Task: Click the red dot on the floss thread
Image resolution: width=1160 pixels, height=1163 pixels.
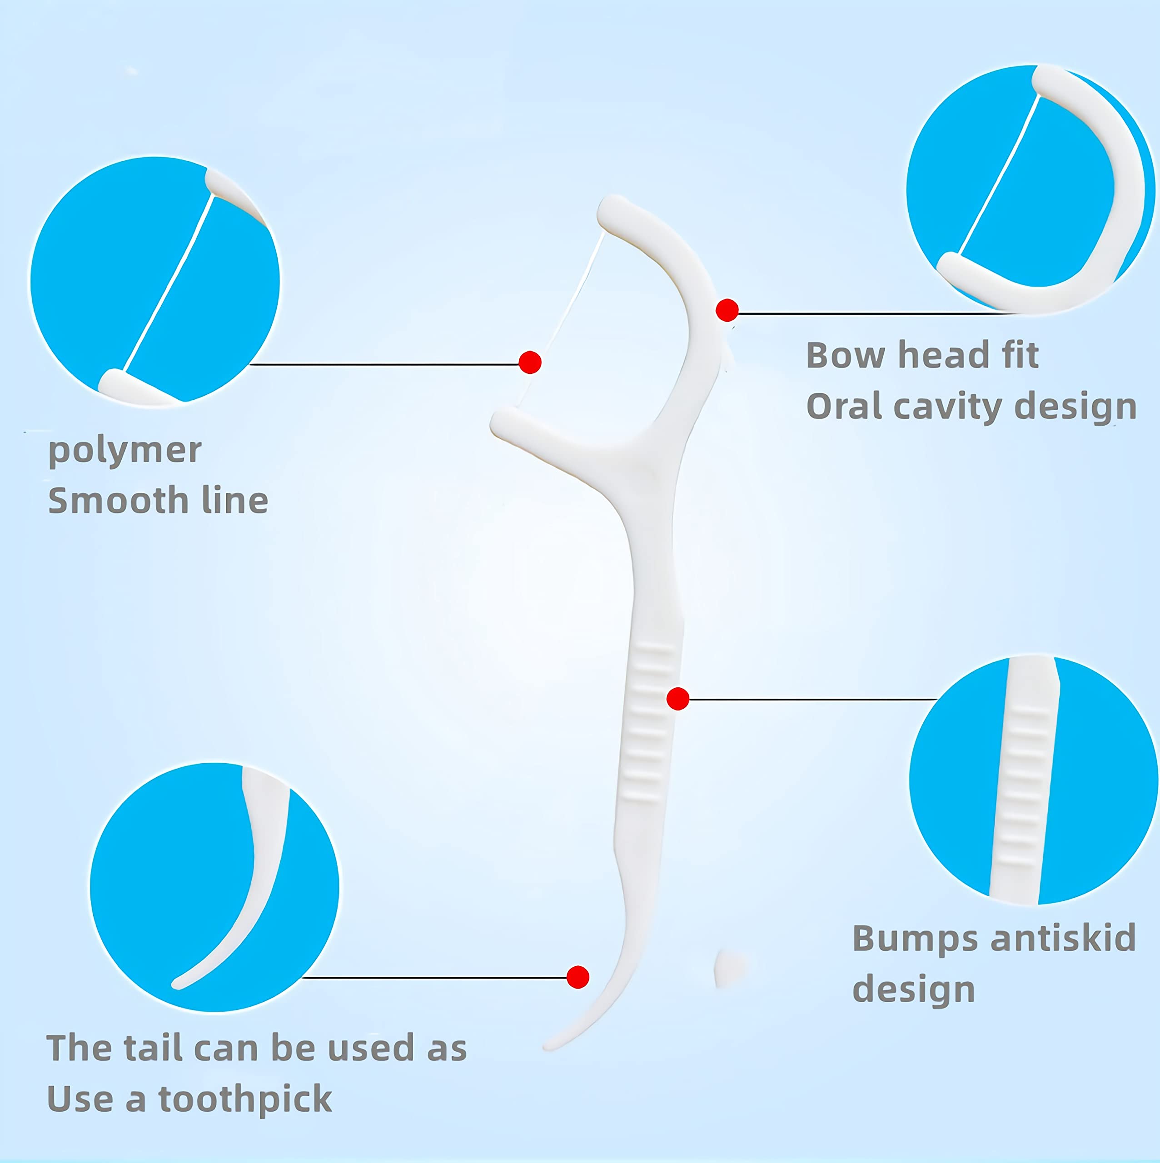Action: [x=530, y=363]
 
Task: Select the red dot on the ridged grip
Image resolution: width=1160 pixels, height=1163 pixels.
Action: [x=678, y=699]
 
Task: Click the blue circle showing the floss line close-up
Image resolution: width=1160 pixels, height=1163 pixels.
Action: [x=154, y=281]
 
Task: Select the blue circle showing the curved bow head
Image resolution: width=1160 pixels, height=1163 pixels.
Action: [x=1031, y=189]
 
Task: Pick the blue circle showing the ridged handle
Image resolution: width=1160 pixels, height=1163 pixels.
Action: [x=1034, y=780]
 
